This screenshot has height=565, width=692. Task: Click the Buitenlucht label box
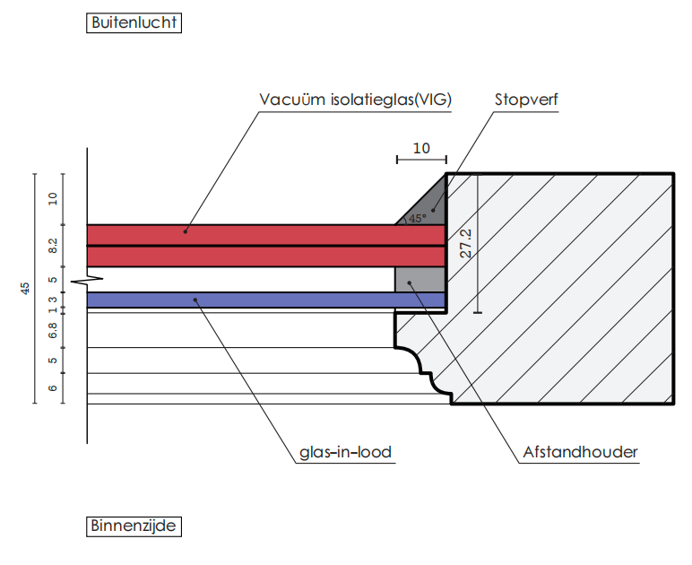point(134,22)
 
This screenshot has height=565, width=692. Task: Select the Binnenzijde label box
point(134,526)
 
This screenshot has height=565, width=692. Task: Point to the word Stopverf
point(526,100)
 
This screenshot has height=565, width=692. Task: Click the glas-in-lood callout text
point(346,452)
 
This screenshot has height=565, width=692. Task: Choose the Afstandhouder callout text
point(580,452)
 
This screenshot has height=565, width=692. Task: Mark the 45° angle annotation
point(418,218)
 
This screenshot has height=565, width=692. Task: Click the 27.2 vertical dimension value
point(465,243)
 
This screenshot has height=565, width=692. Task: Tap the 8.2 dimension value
point(53,246)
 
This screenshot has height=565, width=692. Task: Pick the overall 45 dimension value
point(25,288)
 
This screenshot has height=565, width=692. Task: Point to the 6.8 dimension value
point(53,331)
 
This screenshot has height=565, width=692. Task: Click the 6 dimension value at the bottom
point(53,388)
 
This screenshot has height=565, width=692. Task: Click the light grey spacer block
point(420,279)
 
